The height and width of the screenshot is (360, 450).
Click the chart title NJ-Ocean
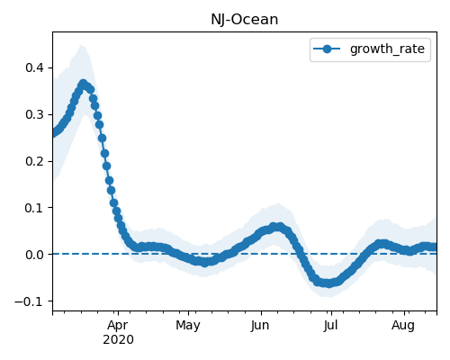coord(245,20)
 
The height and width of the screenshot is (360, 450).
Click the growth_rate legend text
coord(387,49)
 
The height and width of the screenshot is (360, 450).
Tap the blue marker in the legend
coord(327,49)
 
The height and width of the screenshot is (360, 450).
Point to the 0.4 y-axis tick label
coord(35,67)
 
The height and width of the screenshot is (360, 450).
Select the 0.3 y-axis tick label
coord(35,114)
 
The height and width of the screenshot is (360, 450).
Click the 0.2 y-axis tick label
coord(35,161)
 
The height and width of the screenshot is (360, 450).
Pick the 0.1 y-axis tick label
coord(35,208)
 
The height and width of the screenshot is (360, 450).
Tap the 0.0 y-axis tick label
coord(35,255)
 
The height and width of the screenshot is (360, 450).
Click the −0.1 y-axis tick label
coord(30,301)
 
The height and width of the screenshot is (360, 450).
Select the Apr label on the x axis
coord(118,325)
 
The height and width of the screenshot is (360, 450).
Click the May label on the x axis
coord(188,325)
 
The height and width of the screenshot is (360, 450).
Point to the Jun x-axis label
coord(260,325)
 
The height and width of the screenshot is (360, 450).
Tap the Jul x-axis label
coord(330,325)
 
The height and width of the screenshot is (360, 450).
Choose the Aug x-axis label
coord(403,325)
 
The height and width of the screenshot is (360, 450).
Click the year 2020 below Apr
coord(118,340)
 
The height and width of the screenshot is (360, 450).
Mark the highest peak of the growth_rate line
coord(84,84)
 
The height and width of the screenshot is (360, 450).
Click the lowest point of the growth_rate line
coord(329,283)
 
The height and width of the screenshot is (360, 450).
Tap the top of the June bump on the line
coord(276,226)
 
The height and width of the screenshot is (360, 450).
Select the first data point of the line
coord(53,133)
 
